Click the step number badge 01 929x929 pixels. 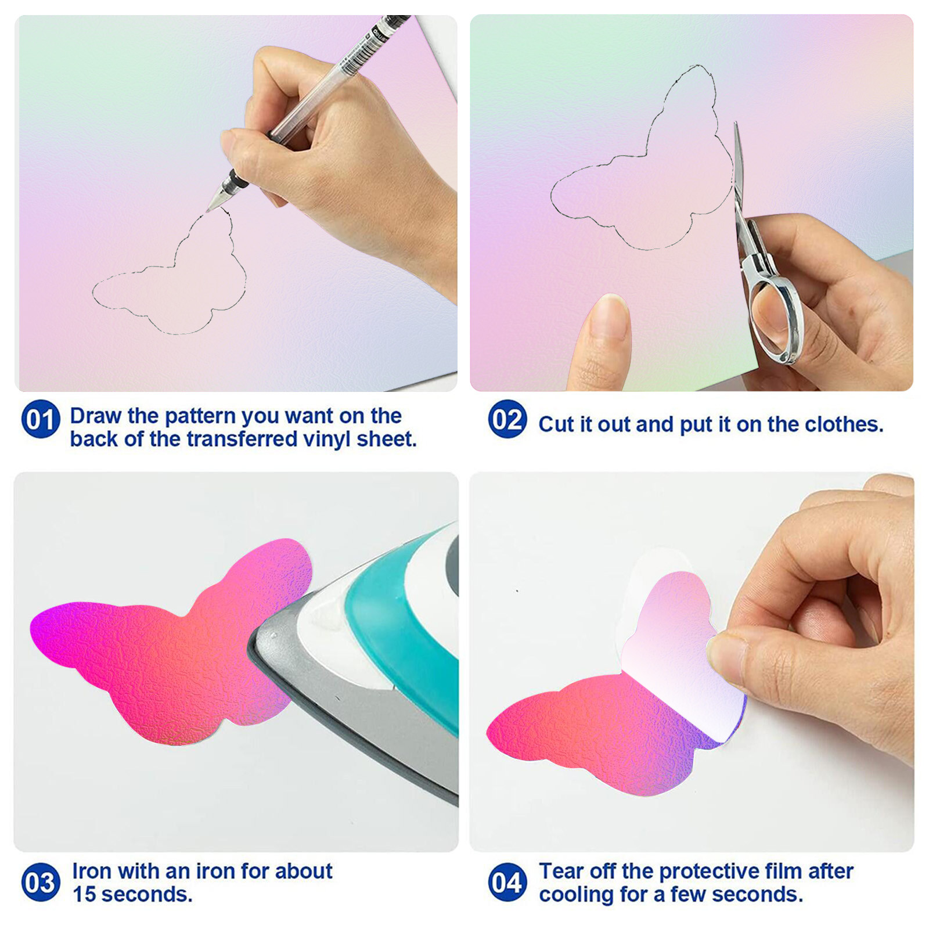tap(41, 419)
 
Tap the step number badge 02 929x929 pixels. tap(507, 419)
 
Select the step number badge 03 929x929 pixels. tap(41, 882)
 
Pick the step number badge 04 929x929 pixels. tap(507, 882)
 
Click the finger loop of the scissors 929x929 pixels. tap(775, 319)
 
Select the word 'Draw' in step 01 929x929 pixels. tap(95, 416)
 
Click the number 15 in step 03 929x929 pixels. tap(84, 894)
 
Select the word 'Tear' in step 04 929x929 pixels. tap(563, 872)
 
